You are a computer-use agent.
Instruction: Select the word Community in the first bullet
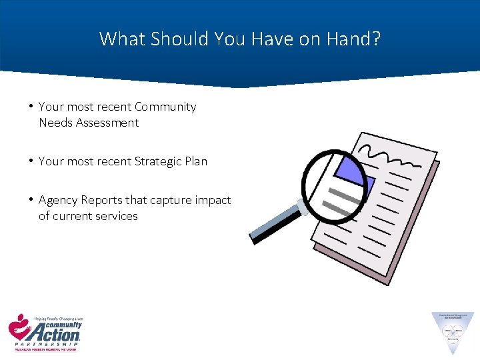(x=165, y=107)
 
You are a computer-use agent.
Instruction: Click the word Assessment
(x=107, y=123)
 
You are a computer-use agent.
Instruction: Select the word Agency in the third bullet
(x=57, y=200)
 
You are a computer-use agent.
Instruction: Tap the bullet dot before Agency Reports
(x=31, y=200)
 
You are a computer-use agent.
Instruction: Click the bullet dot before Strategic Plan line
(x=31, y=161)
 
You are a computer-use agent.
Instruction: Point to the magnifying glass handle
(x=273, y=224)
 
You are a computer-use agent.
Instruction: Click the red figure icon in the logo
(x=19, y=327)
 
